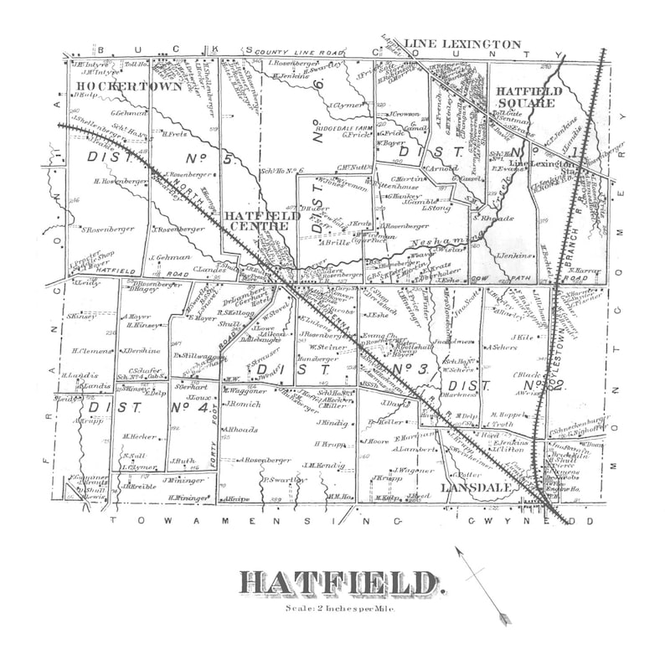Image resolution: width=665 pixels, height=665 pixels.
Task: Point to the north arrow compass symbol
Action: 482,585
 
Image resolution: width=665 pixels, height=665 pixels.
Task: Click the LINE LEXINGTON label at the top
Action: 462,44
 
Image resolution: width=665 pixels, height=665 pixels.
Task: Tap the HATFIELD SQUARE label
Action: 525,96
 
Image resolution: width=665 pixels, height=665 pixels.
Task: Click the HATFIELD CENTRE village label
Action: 261,221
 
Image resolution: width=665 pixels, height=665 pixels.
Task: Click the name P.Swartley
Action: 282,479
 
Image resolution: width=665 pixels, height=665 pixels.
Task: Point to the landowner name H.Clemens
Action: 90,351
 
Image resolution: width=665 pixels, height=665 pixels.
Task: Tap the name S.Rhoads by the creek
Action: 487,218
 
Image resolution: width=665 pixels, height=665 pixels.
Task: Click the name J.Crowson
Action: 403,114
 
